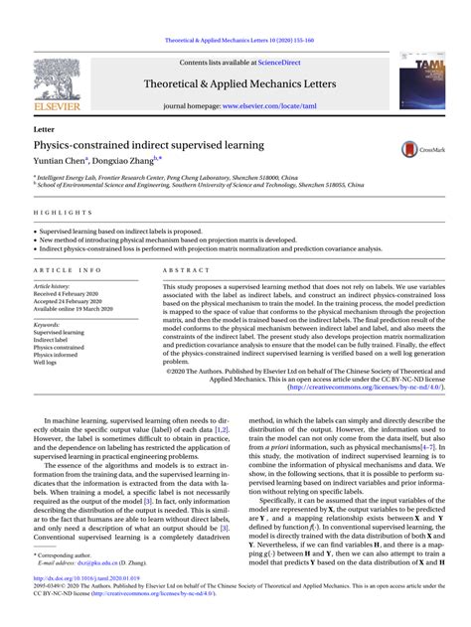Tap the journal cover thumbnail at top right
[421, 81]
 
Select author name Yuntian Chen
[59, 161]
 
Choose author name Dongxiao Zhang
[128, 161]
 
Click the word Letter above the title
[44, 130]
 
